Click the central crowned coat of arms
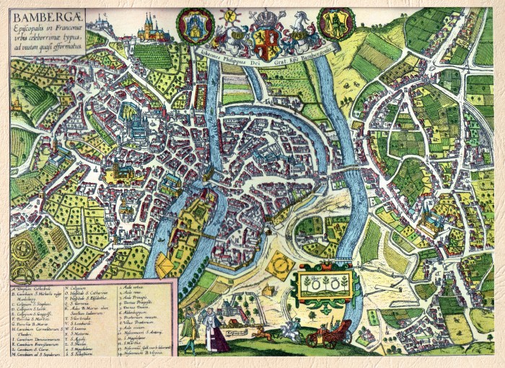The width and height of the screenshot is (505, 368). [x=265, y=36]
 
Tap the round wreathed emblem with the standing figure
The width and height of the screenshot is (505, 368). [x=336, y=24]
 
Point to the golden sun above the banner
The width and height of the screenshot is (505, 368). [x=232, y=16]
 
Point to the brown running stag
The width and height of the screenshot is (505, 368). [x=258, y=333]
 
